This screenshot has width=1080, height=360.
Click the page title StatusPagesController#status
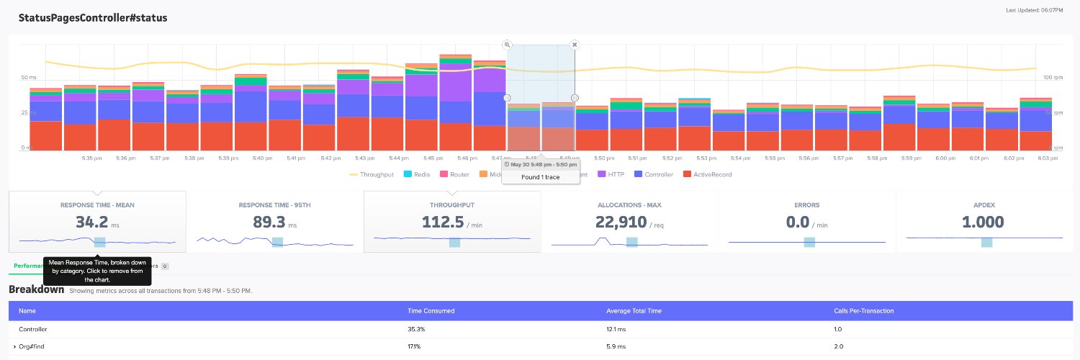[x=93, y=17]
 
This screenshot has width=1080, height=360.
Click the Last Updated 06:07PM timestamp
[x=1035, y=10]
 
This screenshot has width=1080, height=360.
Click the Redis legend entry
[x=418, y=174]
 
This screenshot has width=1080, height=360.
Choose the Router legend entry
[x=454, y=174]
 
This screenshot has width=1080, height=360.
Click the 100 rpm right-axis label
[x=1053, y=77]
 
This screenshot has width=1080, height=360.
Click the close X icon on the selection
[x=575, y=45]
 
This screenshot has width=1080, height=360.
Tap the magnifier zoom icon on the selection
[x=507, y=45]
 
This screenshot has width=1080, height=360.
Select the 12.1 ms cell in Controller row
[x=618, y=328]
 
